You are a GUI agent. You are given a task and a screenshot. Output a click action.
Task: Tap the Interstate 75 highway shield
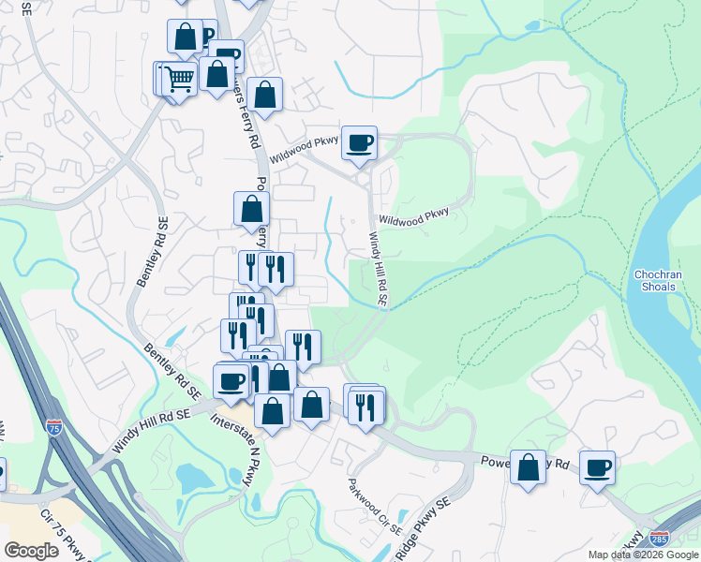point(54,427)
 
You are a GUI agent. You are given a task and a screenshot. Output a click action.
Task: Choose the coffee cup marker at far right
point(597,467)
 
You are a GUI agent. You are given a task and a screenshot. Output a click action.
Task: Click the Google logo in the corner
point(31,550)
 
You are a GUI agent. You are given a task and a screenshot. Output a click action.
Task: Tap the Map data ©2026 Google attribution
point(643,555)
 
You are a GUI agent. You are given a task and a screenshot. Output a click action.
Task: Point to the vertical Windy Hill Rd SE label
point(377,270)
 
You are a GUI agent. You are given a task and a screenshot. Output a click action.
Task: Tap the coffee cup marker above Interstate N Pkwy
point(231,382)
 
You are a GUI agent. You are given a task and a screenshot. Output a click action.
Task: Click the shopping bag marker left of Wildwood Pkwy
point(266,95)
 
